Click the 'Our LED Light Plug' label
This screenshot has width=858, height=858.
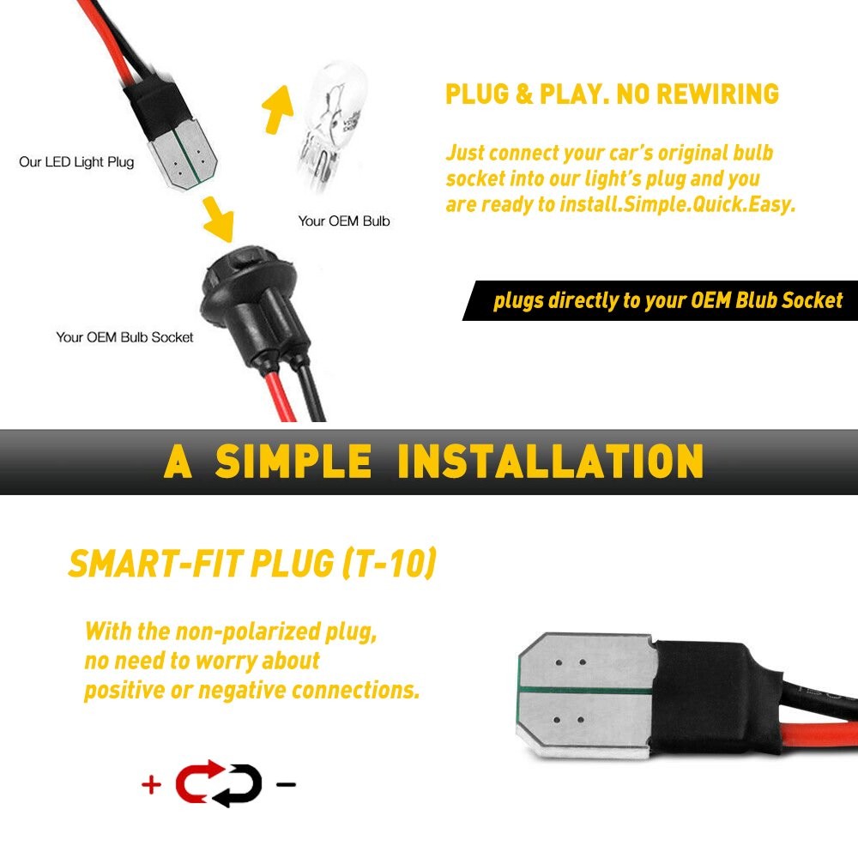coord(76,162)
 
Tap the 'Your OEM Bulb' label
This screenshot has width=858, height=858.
coord(344,221)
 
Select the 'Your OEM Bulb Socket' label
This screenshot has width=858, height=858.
coord(124,337)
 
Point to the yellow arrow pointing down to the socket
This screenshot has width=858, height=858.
coord(219,220)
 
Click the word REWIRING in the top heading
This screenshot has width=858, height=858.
coord(717,94)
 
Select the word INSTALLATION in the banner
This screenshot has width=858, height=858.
coord(550,462)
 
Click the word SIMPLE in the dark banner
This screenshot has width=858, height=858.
coord(293,462)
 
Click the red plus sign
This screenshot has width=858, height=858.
coord(151,785)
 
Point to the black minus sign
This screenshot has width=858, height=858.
coord(287,785)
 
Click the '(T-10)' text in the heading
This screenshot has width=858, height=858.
coord(389,563)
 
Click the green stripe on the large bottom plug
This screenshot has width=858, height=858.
coord(585,691)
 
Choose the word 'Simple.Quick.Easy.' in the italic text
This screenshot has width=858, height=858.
coord(710,205)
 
